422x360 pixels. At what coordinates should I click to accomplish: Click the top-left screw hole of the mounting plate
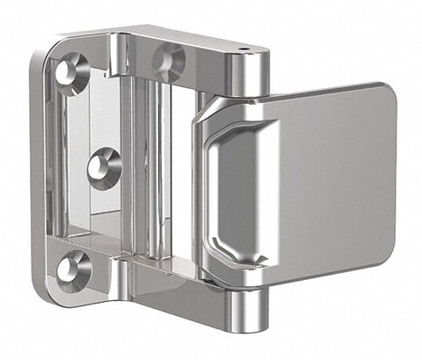pyautogui.click(x=72, y=73)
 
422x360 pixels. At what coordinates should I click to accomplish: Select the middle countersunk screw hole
pyautogui.click(x=103, y=165)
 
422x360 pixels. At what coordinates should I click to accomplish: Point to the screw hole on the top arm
pyautogui.click(x=168, y=62)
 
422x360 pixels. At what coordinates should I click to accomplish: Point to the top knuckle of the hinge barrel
pyautogui.click(x=249, y=75)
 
